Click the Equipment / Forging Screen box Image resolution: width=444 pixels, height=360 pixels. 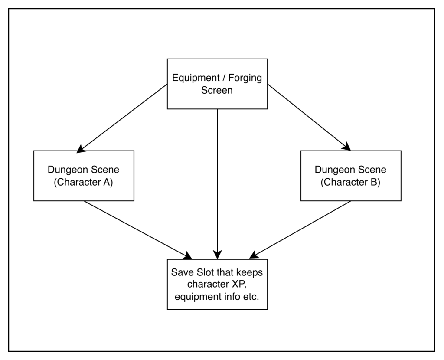[217, 84]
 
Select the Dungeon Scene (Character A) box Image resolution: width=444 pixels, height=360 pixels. [83, 176]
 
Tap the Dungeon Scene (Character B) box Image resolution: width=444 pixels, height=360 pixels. [350, 176]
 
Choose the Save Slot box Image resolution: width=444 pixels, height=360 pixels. [217, 284]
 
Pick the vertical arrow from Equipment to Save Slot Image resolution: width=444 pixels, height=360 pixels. [217, 182]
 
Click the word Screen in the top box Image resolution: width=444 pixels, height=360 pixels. [217, 90]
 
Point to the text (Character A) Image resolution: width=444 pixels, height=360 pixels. [83, 182]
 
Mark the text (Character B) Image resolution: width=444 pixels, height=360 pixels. [350, 182]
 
